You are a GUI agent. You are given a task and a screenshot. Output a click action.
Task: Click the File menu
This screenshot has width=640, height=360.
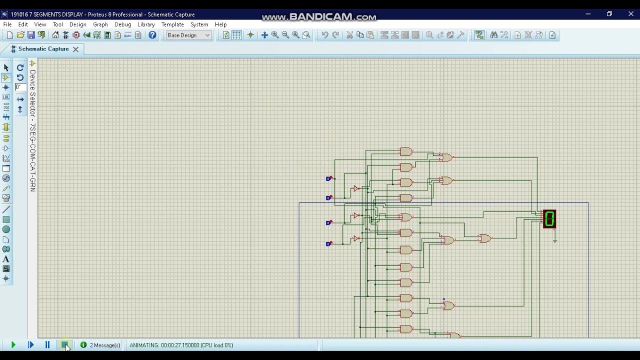tap(7, 24)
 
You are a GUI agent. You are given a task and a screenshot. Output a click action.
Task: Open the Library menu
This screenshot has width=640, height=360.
tap(146, 24)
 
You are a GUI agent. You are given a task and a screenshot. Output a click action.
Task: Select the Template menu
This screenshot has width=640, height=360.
tap(172, 24)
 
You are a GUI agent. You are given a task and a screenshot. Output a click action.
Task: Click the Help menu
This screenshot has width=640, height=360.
tap(220, 24)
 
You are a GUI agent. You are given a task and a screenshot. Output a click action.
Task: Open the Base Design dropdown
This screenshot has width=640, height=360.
tap(188, 35)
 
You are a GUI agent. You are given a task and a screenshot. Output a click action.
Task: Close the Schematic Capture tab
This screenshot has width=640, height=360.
tap(76, 49)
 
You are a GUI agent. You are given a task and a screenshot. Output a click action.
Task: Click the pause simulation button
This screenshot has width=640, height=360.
tap(47, 345)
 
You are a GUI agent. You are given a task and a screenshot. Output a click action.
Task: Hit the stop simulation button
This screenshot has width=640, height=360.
tap(65, 345)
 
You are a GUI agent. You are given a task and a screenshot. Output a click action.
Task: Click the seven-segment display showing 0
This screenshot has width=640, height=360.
tap(549, 219)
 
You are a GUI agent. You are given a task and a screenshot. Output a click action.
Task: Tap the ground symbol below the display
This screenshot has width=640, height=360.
tap(555, 240)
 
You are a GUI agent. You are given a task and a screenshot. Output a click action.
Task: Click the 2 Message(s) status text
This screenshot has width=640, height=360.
tap(104, 345)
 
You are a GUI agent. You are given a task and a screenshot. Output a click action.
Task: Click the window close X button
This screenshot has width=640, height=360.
tap(631, 14)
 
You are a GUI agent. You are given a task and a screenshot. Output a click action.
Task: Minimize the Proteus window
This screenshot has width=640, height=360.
tap(588, 14)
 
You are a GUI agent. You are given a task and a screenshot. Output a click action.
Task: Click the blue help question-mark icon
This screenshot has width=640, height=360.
tap(152, 35)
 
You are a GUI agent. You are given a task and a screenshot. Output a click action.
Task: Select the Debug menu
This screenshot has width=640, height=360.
tap(122, 24)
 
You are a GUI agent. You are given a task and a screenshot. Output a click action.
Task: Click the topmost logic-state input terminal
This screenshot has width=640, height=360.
tap(328, 178)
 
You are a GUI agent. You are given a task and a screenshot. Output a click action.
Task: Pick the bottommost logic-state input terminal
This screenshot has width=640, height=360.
tap(328, 244)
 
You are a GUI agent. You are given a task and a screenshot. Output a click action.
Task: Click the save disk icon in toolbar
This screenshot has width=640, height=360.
tap(31, 35)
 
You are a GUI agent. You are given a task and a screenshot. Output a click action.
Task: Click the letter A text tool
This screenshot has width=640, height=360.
tap(6, 259)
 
